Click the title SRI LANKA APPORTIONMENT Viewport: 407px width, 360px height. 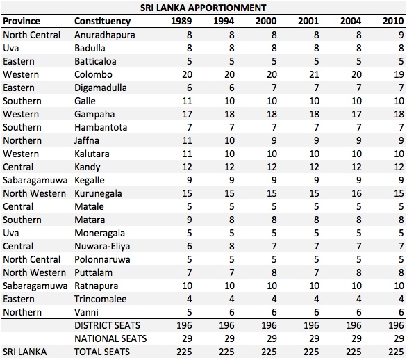click(x=203, y=8)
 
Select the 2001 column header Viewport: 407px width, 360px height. click(x=308, y=21)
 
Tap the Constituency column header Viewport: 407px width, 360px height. click(x=102, y=21)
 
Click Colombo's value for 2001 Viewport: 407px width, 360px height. click(x=314, y=74)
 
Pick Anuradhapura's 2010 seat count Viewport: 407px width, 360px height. click(x=401, y=35)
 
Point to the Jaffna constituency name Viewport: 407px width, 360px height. click(x=87, y=140)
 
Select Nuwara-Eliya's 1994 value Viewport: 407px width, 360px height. click(x=232, y=246)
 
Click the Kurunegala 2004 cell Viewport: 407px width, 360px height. click(x=356, y=193)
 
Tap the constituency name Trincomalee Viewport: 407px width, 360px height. click(x=101, y=299)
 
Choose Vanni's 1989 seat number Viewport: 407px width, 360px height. click(x=189, y=312)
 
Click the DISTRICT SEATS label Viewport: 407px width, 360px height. click(x=107, y=325)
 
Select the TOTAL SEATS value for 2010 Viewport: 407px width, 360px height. click(x=396, y=352)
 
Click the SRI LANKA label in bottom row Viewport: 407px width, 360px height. click(x=25, y=352)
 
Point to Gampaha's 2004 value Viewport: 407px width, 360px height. click(x=356, y=114)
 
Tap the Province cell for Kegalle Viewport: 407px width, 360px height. click(x=35, y=180)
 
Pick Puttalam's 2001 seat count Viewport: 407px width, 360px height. click(x=317, y=272)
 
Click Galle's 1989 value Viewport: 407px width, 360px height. click(x=187, y=101)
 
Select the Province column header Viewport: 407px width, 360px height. click(x=22, y=21)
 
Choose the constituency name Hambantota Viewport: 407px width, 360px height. click(x=101, y=127)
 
